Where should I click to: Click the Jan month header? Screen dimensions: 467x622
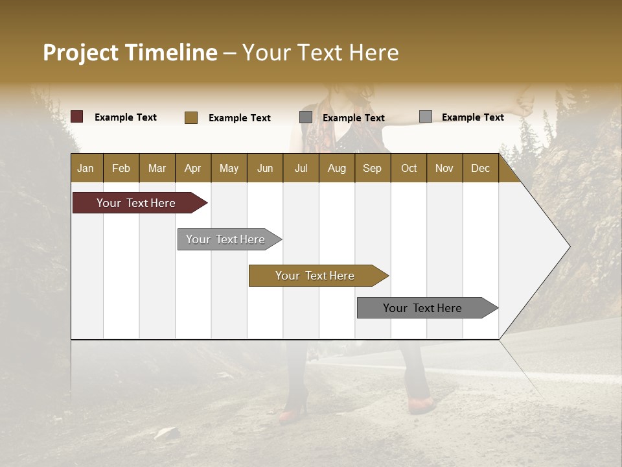coord(86,168)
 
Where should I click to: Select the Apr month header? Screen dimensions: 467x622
coord(192,168)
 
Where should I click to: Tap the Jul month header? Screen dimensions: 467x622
coord(301,168)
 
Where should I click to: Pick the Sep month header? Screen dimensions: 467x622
coord(372,168)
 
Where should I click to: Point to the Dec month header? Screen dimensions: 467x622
coord(480,168)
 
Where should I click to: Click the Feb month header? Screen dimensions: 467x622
coord(121,168)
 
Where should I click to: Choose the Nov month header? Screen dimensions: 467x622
coord(444,168)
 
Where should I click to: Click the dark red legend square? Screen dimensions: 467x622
coord(77,117)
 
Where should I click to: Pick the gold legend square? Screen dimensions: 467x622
coord(191,117)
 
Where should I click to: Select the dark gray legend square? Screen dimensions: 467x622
coord(306,117)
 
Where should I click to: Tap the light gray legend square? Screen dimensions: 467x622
coord(426,117)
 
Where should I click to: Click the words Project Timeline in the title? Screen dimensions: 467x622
coord(130,53)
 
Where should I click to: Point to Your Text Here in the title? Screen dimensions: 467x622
coord(320,53)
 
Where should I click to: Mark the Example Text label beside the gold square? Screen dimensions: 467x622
coord(239,118)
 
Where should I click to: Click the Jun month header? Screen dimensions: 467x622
coord(264,168)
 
